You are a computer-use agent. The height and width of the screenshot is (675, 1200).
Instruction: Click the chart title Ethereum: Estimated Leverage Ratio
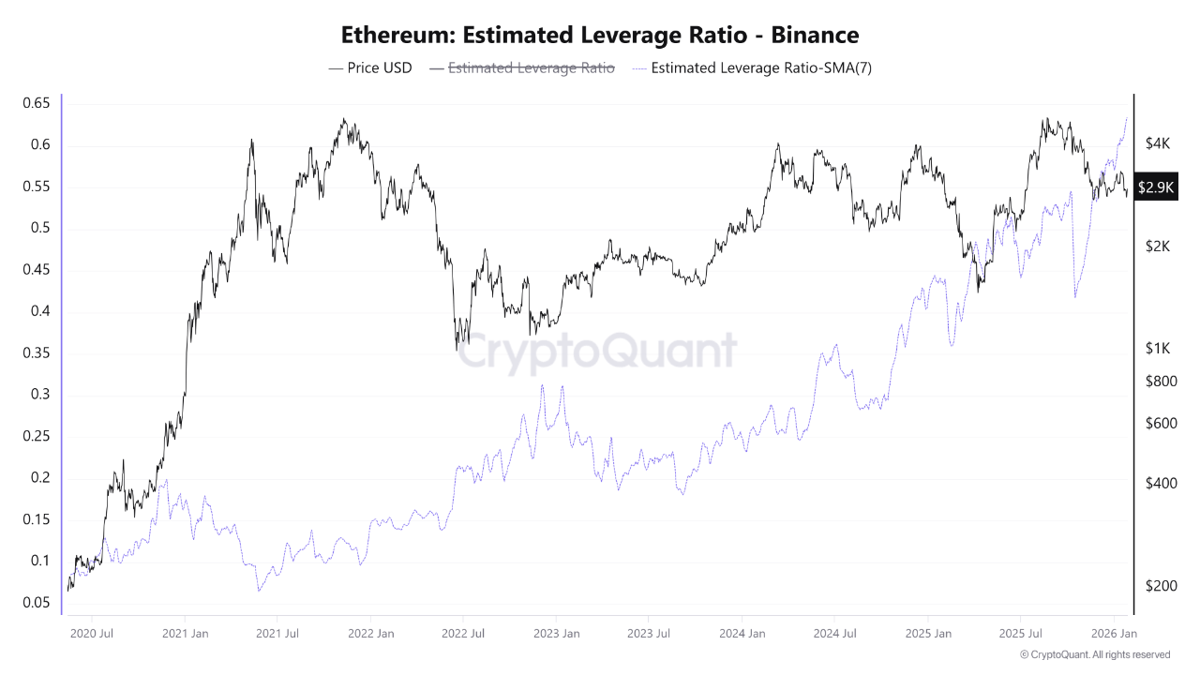[x=600, y=36]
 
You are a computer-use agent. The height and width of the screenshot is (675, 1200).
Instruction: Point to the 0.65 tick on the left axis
[x=36, y=103]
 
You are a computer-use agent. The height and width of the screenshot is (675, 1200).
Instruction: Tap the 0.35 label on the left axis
[x=36, y=353]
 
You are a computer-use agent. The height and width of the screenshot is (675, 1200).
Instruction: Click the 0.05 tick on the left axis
[x=36, y=603]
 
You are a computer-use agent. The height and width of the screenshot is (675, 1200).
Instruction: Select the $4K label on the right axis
[x=1158, y=143]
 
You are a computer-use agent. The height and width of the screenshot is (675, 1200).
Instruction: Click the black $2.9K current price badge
[x=1155, y=187]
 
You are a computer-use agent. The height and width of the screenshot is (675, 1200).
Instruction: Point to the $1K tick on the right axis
[x=1158, y=349]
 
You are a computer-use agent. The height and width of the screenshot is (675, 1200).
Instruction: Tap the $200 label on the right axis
[x=1161, y=586]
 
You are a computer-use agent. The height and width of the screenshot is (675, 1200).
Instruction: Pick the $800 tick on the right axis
[x=1161, y=382]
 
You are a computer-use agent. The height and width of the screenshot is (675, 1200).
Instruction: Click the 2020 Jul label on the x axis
[x=93, y=634]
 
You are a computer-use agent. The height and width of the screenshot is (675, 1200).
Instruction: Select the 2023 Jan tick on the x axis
[x=557, y=634]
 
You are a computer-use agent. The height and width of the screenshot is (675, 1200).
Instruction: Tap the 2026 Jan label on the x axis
[x=1115, y=634]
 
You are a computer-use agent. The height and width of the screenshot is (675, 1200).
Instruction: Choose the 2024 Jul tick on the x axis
[x=836, y=634]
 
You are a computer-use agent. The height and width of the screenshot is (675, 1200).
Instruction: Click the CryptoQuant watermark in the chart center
[x=600, y=352]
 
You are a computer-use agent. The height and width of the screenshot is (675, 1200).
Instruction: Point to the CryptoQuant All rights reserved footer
[x=1094, y=654]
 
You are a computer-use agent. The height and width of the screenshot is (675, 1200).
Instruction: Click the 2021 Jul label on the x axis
[x=277, y=634]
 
